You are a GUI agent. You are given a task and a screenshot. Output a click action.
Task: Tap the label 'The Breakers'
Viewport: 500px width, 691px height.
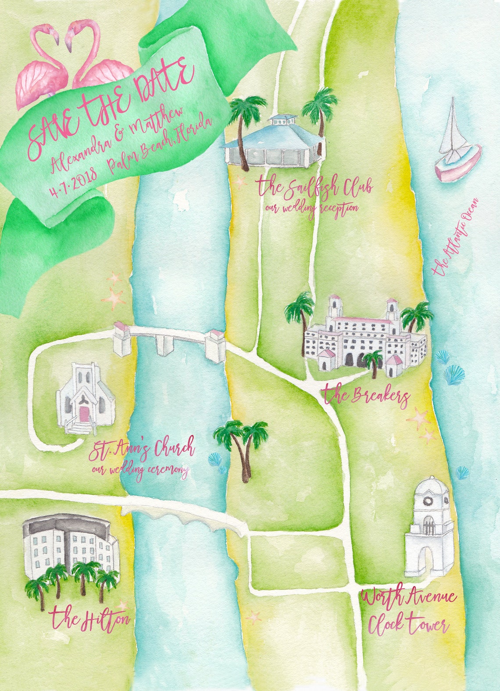pyautogui.click(x=366, y=396)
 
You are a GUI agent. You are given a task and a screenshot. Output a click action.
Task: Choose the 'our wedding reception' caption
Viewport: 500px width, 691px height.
pyautogui.click(x=311, y=208)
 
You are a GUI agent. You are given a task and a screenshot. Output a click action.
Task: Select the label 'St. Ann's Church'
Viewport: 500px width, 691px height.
pyautogui.click(x=141, y=450)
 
